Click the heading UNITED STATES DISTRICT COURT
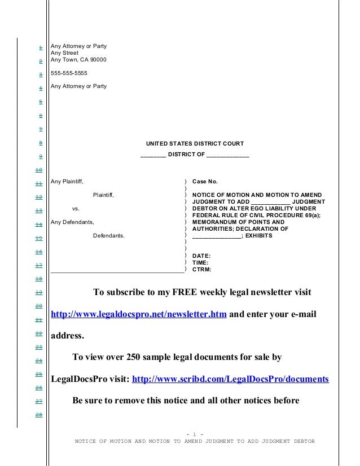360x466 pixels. (195, 144)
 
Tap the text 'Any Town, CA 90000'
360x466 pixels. (78, 60)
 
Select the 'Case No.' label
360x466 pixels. (204, 182)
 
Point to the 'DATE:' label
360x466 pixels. (201, 256)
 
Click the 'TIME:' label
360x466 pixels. (201, 263)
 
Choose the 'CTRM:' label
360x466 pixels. (201, 270)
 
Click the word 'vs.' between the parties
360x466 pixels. (76, 209)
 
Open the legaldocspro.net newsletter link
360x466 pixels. (139, 314)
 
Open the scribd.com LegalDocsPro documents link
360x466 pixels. (230, 379)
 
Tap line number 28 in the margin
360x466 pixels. (39, 416)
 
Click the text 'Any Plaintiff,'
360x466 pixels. (67, 182)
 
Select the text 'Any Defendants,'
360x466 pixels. (72, 222)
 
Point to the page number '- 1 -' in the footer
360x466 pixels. (195, 434)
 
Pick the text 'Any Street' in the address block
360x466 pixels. (64, 53)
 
